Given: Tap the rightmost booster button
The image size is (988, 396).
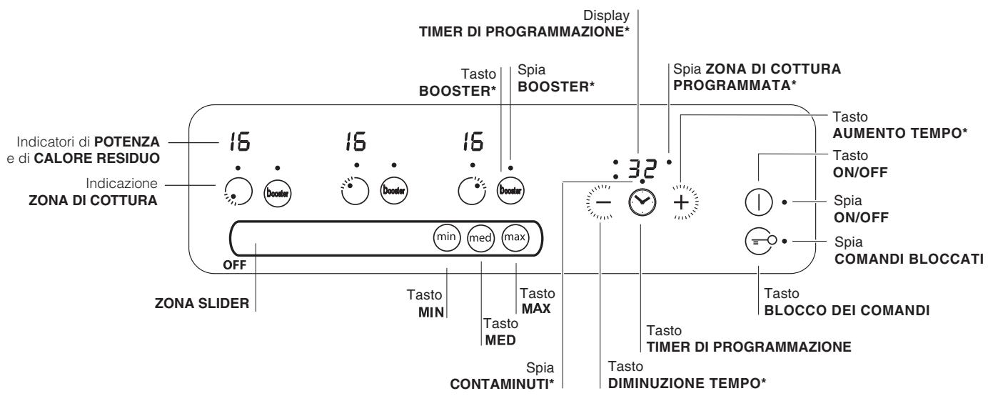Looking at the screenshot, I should [x=510, y=191].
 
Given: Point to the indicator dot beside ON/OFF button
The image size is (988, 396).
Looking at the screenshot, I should [x=785, y=202].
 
